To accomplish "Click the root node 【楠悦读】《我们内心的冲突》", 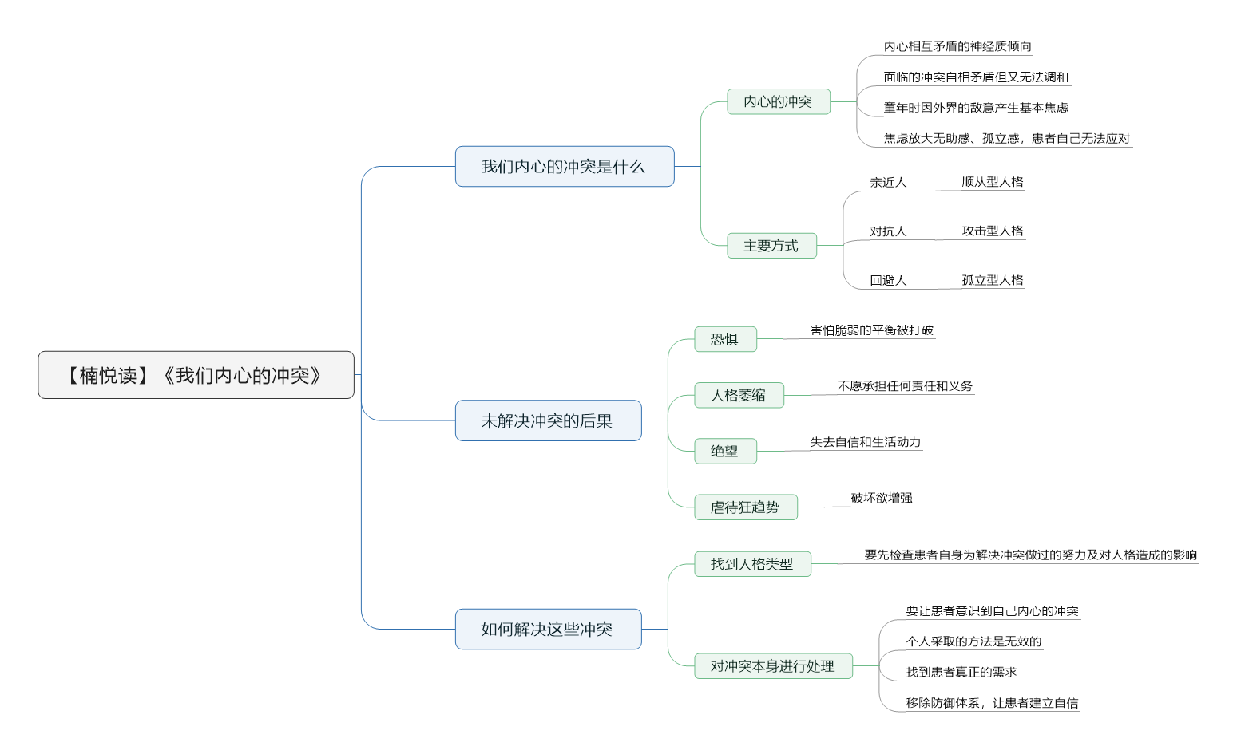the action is (x=196, y=375).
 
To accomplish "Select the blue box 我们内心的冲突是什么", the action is (x=565, y=166).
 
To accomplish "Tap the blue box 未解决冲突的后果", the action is (x=549, y=420).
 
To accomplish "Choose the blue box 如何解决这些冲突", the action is (x=549, y=630).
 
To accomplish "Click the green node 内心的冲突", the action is (x=779, y=101).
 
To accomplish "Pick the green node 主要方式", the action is (x=772, y=246).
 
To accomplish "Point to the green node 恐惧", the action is (x=726, y=339).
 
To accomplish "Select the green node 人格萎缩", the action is (x=739, y=395).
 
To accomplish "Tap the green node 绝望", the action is (x=726, y=451).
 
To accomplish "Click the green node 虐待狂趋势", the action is (x=746, y=507).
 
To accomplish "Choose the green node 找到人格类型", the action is (x=753, y=564).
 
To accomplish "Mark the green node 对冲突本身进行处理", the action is (x=774, y=666).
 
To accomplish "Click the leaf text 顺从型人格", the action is (x=993, y=182).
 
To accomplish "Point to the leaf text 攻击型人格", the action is (x=993, y=231).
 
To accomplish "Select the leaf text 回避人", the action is (x=888, y=280).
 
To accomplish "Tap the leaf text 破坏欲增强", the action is (x=882, y=498).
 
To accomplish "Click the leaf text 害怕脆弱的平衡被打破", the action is (x=871, y=330).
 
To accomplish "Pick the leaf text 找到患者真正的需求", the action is (x=961, y=672).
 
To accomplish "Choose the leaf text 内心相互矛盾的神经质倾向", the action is (x=957, y=46).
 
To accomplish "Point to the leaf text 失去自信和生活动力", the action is (x=866, y=442).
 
